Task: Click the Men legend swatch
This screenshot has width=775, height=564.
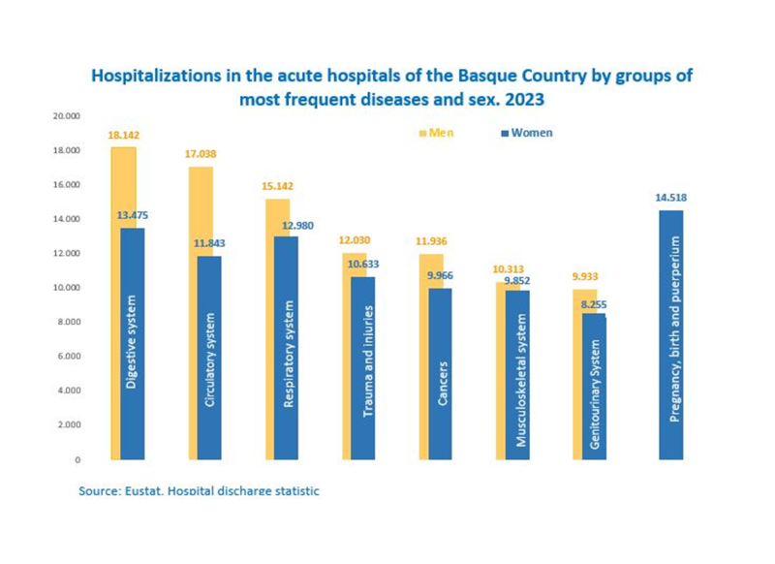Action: tap(421, 133)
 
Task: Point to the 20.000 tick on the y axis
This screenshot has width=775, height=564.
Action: tap(67, 116)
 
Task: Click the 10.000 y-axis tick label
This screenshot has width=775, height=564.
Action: tap(67, 288)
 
